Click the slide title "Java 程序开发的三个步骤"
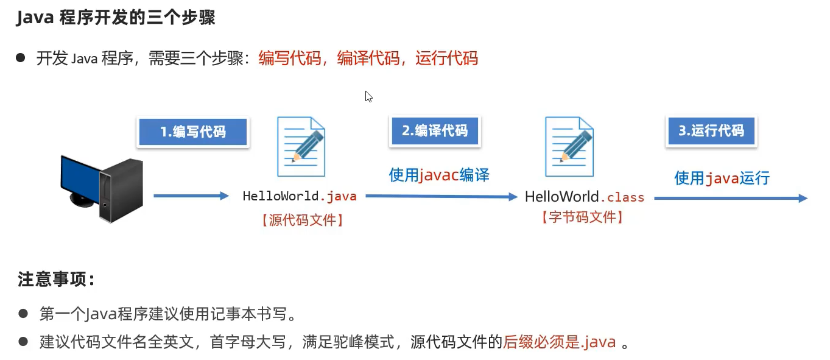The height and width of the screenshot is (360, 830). coord(116,18)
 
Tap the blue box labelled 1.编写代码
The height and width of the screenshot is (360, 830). coord(192,132)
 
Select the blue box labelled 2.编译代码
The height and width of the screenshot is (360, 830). coord(434,130)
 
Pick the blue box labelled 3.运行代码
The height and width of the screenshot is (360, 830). coord(711,130)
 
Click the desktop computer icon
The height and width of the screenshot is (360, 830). coord(102,188)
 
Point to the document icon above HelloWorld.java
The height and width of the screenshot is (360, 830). coord(301,147)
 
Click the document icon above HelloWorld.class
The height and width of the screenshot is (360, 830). coord(569,147)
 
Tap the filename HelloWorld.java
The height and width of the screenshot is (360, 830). coord(300,196)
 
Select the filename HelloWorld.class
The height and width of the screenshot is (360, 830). coord(585,197)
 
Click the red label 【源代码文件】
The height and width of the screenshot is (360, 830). coord(302,220)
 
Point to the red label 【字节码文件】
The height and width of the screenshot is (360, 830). coord(582,217)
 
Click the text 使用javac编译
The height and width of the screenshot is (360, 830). coord(439,175)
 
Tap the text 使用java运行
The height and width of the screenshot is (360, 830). coord(722,178)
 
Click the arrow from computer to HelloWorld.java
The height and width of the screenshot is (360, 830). coord(190,196)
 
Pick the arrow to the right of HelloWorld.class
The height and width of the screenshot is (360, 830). coord(731,198)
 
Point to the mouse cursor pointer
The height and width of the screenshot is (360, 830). coord(368,96)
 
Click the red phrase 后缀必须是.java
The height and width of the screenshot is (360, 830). coord(560,342)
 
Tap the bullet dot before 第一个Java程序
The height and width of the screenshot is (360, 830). coord(23,314)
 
